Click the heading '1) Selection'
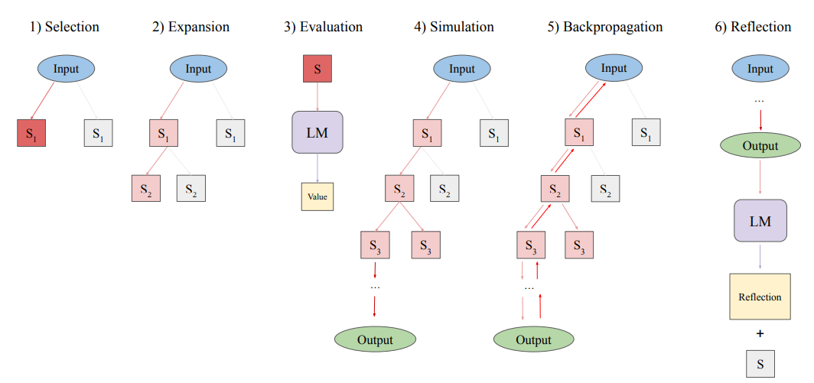click(64, 27)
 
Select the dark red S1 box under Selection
click(32, 134)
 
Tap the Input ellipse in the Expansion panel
click(198, 69)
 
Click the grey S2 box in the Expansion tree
click(191, 188)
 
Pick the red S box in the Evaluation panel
click(317, 69)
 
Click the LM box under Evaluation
click(317, 131)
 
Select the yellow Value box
click(317, 196)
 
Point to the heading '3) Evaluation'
click(323, 27)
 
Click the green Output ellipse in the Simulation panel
click(375, 339)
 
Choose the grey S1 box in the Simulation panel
click(494, 134)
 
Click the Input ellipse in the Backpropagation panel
click(614, 68)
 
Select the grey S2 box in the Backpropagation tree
click(605, 188)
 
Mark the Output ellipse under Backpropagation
click(533, 339)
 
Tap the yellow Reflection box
click(760, 297)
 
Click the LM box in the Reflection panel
click(760, 221)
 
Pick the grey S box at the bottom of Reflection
click(760, 363)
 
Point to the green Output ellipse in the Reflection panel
click(760, 146)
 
